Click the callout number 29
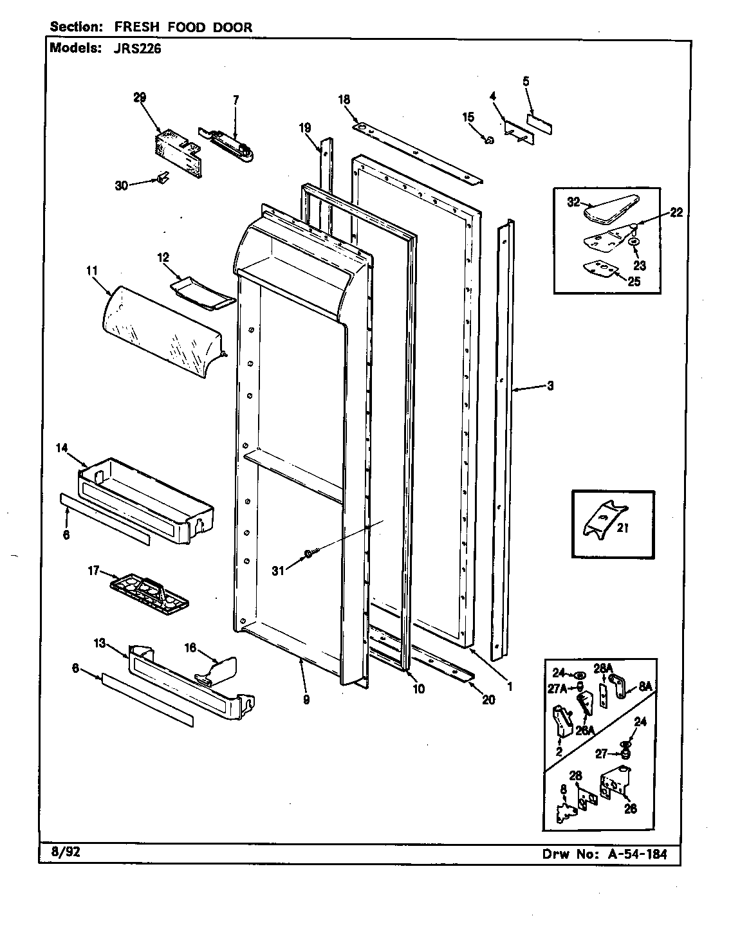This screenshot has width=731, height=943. click(x=140, y=97)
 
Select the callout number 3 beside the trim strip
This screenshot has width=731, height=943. click(x=550, y=386)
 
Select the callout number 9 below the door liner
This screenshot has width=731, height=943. click(x=306, y=700)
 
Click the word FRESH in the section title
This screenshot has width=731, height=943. click(x=137, y=27)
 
